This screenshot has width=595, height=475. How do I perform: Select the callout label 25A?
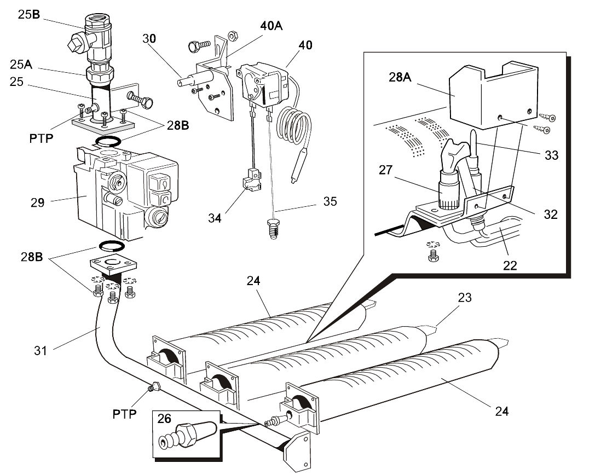(x=20, y=65)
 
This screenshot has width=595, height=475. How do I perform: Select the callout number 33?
(x=551, y=155)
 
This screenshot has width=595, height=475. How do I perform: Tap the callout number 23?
(x=464, y=298)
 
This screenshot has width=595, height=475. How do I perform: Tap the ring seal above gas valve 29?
(x=109, y=142)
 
